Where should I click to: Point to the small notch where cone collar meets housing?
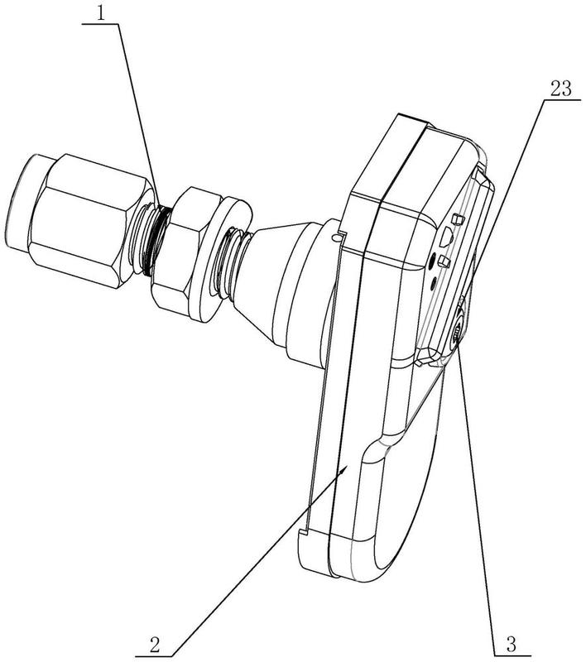coord(335,237)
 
